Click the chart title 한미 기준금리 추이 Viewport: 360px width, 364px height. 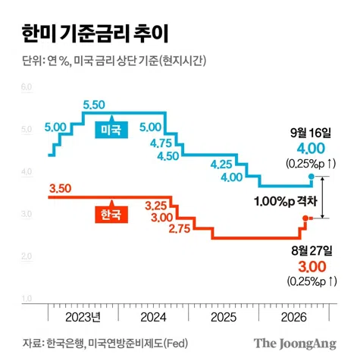[95, 33]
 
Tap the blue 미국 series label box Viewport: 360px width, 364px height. [111, 130]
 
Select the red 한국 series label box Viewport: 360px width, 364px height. [111, 215]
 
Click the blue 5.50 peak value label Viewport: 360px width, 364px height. [94, 105]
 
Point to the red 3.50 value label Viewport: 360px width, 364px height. [61, 188]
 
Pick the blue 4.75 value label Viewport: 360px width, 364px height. [161, 143]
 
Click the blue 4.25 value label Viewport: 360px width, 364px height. [221, 165]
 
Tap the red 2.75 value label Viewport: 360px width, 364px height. [180, 229]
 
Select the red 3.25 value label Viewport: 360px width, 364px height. [156, 206]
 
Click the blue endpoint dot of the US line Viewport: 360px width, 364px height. [311, 177]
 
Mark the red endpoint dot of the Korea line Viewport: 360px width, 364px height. [305, 218]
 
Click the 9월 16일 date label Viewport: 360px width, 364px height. [311, 133]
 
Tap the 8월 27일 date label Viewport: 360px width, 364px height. [311, 250]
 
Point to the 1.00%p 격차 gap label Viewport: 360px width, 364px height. [286, 202]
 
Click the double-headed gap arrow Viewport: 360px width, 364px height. [322, 197]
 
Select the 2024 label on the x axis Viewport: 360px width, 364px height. [153, 317]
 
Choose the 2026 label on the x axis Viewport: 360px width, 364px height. [294, 317]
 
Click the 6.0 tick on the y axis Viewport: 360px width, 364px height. [27, 87]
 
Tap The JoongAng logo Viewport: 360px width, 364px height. [295, 344]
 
